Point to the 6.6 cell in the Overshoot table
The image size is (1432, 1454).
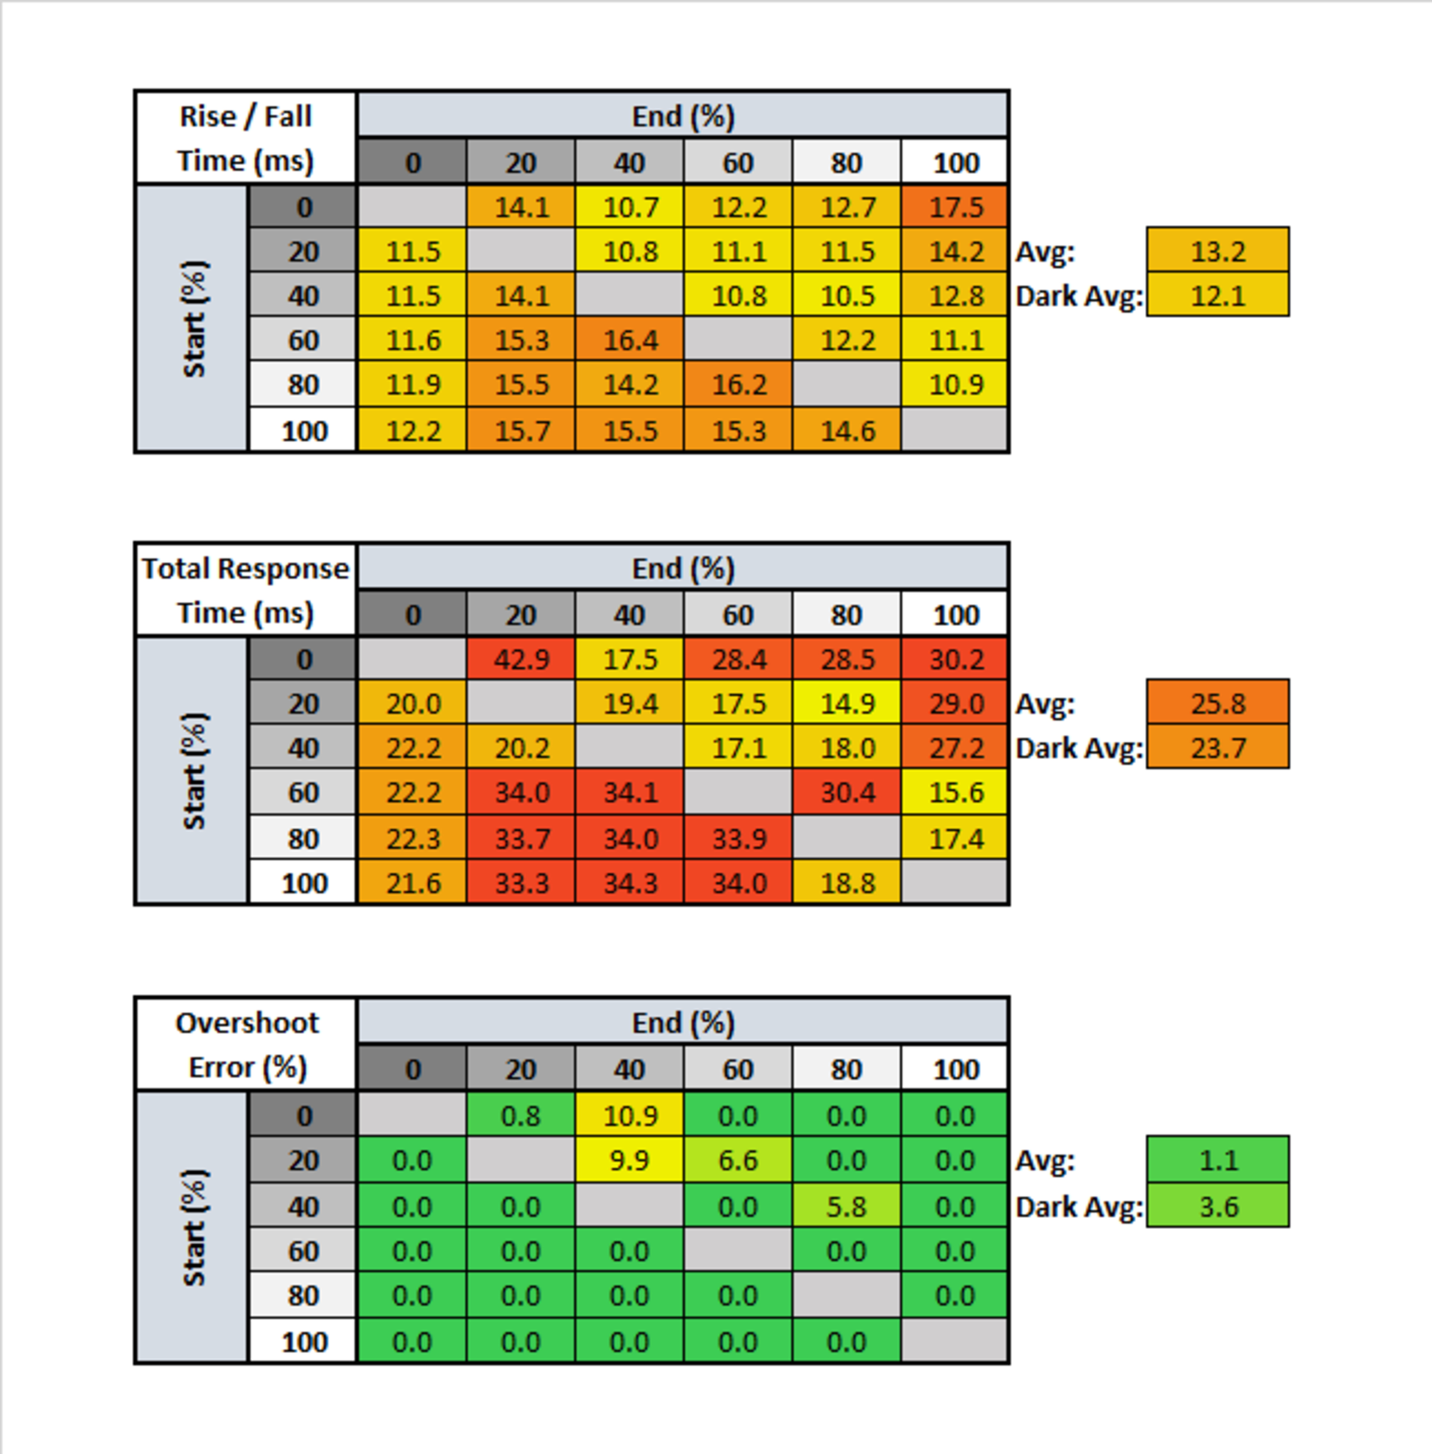[738, 1161]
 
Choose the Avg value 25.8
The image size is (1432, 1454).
[1218, 703]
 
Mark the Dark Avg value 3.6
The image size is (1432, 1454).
[1218, 1206]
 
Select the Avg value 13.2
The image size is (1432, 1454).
[1218, 251]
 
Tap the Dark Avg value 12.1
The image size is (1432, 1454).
[1218, 296]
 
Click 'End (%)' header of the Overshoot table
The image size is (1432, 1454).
[683, 1023]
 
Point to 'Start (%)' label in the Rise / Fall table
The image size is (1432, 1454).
[193, 319]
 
